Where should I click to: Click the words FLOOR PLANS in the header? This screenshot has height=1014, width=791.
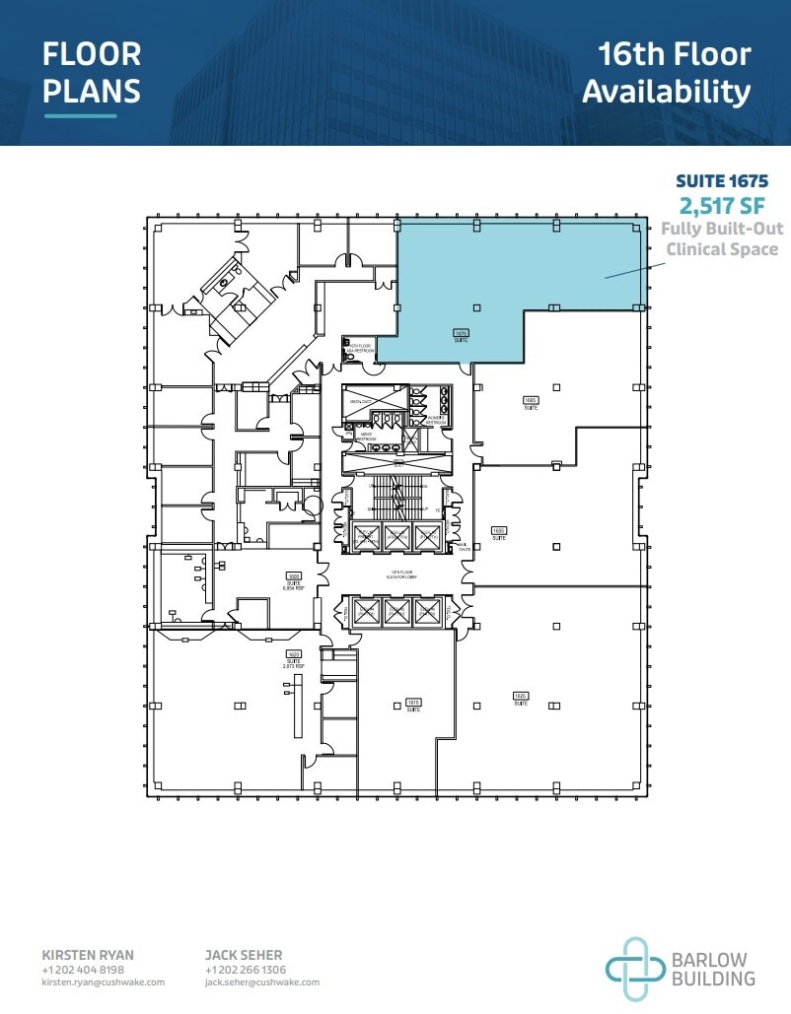pos(92,72)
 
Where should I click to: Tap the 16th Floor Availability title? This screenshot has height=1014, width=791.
pos(666,72)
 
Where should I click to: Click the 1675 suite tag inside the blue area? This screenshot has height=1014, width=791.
pos(461,335)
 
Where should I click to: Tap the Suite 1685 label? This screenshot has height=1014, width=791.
pos(530,402)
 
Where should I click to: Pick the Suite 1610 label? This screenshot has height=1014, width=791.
pos(413,705)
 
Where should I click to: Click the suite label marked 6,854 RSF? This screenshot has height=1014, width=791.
pos(293,579)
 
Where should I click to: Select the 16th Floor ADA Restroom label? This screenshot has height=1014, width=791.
pos(357,349)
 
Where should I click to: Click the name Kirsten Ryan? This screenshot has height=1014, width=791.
pos(88,955)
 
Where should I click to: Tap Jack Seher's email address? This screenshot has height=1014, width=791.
pos(261,982)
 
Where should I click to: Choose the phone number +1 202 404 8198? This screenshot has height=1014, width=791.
pos(83,970)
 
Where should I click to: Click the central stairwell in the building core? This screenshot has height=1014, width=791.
pos(397,498)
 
